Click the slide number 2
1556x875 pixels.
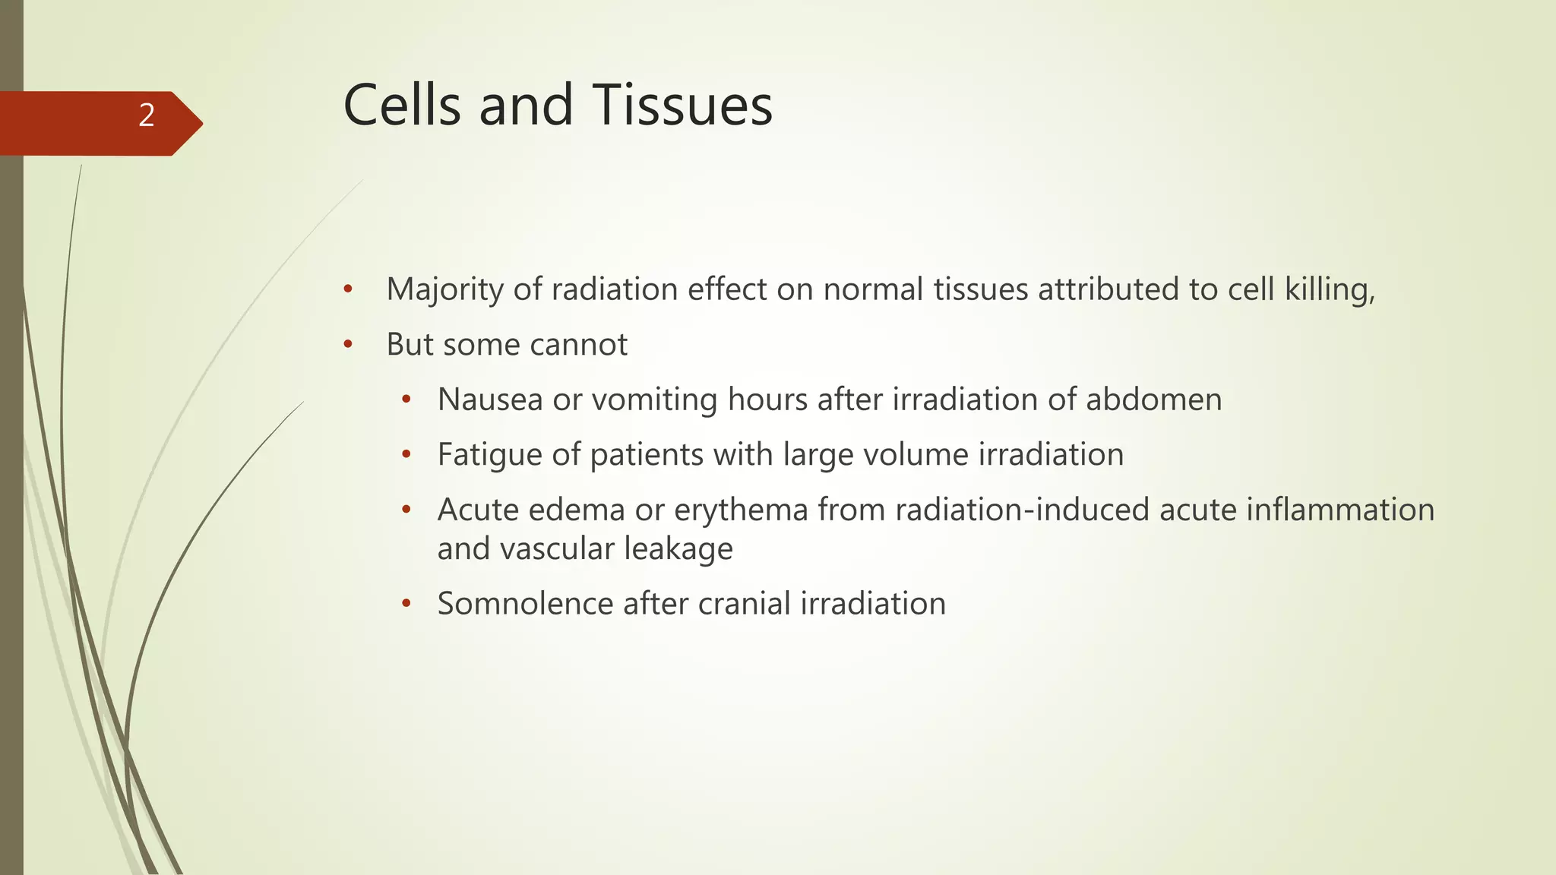point(147,115)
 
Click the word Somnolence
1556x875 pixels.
point(525,605)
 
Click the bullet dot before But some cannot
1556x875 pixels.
point(348,345)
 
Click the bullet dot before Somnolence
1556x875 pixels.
point(406,605)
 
